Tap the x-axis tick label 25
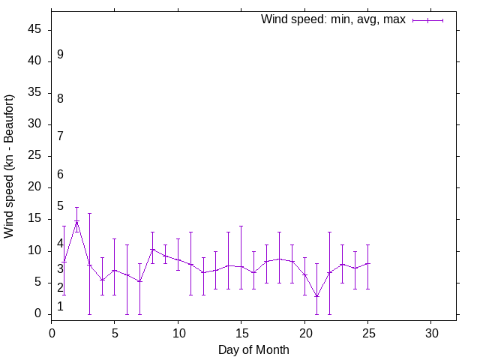tap(367, 332)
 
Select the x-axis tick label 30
tap(430, 332)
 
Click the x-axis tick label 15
tap(241, 332)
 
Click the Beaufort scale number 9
tap(60, 55)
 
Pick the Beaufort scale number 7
tap(60, 136)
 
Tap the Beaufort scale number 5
tap(60, 205)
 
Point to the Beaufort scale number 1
tap(60, 307)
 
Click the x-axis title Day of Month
tap(253, 349)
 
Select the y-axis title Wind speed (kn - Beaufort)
tap(10, 166)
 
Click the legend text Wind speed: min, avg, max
tap(332, 19)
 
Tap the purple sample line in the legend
tap(427, 20)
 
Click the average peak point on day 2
tap(76, 221)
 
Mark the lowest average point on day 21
tap(316, 296)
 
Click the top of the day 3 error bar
tap(89, 213)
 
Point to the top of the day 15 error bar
tap(241, 226)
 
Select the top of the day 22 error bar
tap(329, 232)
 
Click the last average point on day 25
tap(367, 263)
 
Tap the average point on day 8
tap(152, 249)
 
